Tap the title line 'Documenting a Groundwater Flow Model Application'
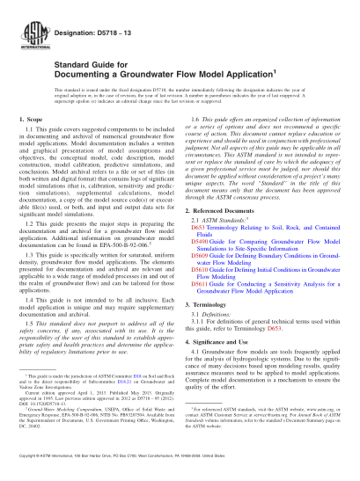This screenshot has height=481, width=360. (141, 74)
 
